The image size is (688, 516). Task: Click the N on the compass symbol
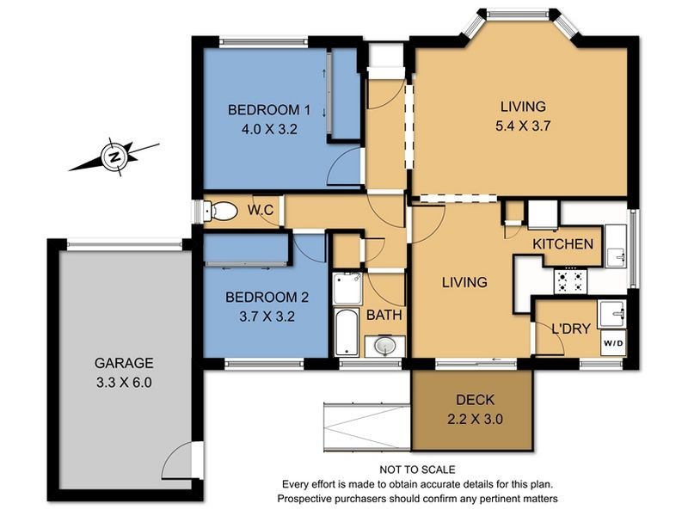(113, 157)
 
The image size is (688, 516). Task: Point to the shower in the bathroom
(348, 289)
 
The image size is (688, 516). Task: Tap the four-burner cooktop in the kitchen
(571, 279)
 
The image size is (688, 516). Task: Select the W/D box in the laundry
(614, 344)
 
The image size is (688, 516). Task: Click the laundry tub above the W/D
(614, 311)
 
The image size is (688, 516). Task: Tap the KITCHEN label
(562, 244)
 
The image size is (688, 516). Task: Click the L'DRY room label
(569, 327)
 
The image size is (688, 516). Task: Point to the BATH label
(384, 316)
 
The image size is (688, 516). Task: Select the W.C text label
(261, 209)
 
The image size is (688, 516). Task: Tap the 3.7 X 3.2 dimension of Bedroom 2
(266, 315)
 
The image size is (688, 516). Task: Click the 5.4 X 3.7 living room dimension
(523, 125)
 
